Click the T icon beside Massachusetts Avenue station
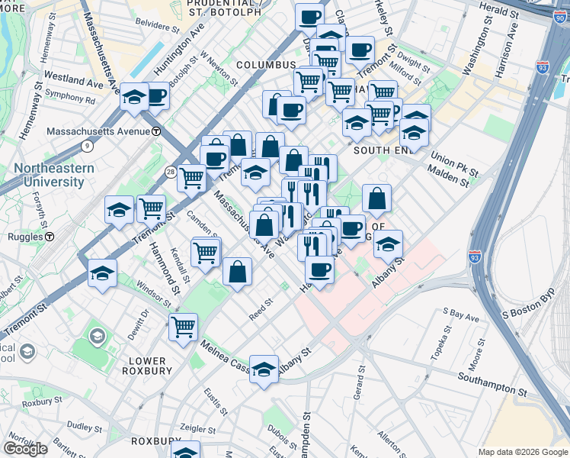155,131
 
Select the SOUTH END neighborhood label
383,150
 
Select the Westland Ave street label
74,79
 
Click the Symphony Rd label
70,99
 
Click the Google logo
25,448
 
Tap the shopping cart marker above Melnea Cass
183,327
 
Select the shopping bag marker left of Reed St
238,272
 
